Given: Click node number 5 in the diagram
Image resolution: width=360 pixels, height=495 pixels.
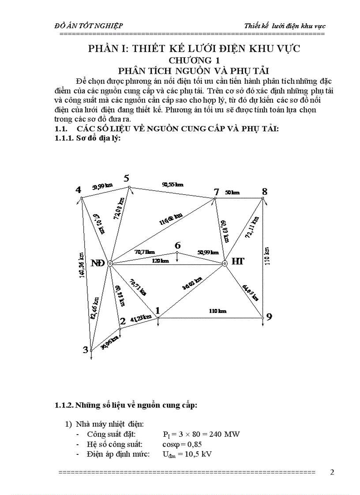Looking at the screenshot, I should tap(126, 179).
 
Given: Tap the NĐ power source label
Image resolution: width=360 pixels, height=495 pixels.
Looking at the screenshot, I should tap(97, 263).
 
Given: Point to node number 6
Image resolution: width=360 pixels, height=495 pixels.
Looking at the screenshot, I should tap(177, 246).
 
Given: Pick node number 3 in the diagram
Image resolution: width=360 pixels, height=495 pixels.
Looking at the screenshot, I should tap(85, 350).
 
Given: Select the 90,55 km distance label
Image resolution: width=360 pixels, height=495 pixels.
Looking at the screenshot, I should tap(172, 185).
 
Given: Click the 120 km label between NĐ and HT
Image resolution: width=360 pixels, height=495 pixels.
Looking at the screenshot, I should tap(161, 261).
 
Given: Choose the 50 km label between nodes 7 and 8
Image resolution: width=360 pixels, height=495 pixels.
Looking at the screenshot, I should tap(232, 193).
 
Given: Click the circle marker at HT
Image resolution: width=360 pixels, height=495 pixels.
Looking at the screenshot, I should tap(224, 263).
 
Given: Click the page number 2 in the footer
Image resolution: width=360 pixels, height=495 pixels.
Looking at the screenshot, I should tap(332, 472).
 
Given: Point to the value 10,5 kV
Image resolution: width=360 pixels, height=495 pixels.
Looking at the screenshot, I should tap(199, 454).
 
